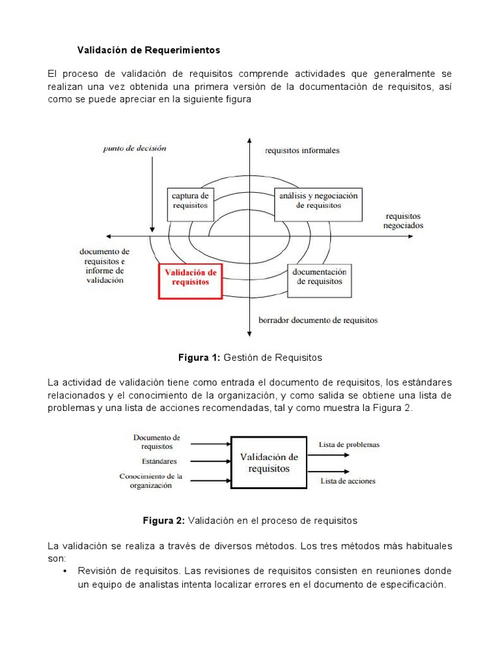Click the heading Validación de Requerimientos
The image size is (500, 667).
pos(149,50)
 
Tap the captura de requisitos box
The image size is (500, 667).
pos(190,200)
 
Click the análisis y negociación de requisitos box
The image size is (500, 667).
pos(318,200)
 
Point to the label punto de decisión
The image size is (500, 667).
pos(135,148)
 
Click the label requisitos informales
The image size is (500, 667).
pos(301,150)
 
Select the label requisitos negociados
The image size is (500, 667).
pos(403,221)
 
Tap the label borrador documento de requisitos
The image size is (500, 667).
pos(318,320)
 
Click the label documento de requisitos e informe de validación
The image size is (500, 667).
pos(104,266)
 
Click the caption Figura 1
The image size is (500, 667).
pos(250,358)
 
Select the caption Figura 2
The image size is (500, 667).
pos(250,521)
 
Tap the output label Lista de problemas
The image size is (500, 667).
pos(349,445)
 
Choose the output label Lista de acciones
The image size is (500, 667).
pos(348,481)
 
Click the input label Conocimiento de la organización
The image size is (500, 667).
pos(150,481)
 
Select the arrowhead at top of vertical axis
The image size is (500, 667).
pos(250,141)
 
